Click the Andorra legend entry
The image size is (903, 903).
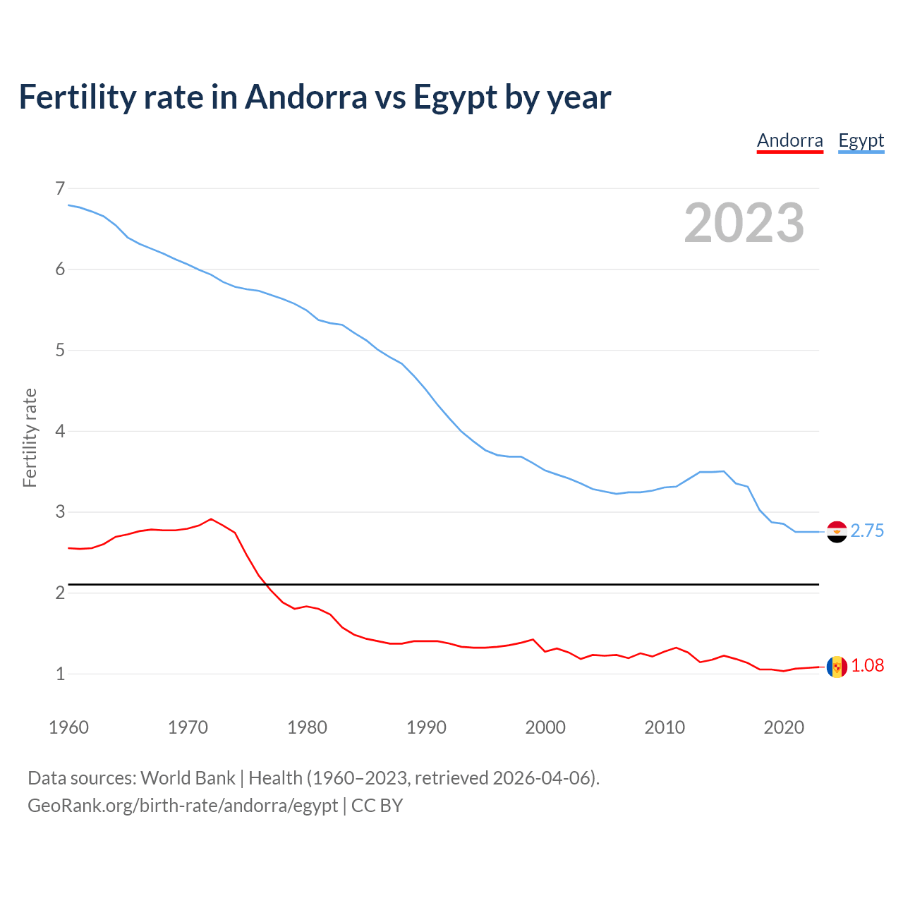pos(789,140)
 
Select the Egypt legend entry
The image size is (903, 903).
pos(861,140)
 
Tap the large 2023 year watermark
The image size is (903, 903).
pos(744,223)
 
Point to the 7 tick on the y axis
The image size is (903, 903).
pos(59,188)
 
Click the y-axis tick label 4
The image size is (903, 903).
pos(59,431)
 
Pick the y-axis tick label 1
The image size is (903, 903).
pos(59,674)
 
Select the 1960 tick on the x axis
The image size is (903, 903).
pos(68,727)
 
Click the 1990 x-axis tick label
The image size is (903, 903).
pos(426,727)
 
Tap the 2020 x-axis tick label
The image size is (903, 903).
pos(784,727)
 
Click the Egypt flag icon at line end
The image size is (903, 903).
pos(837,532)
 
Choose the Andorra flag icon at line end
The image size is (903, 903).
pos(837,667)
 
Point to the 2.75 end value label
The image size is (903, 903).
pos(867,531)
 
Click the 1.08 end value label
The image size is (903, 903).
pos(867,666)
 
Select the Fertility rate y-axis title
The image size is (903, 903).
pos(30,437)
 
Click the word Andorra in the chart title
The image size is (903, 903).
pos(305,97)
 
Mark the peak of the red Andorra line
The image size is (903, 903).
pos(211,519)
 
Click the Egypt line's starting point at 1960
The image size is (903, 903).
pos(68,205)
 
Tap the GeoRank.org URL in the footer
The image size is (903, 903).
pos(183,806)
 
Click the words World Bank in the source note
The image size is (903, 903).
pos(188,778)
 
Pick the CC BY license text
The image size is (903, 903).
pos(377,806)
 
